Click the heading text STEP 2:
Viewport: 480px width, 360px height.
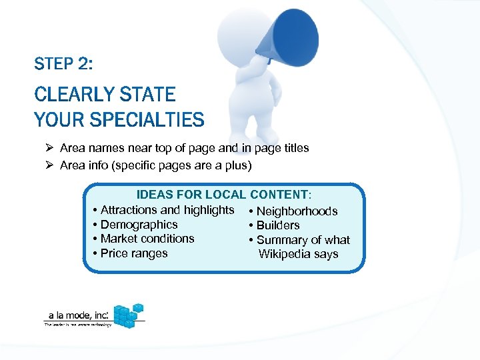(63, 65)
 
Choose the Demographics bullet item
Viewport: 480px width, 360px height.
(139, 225)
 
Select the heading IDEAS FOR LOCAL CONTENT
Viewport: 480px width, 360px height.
(223, 195)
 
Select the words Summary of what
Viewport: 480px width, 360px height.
(303, 240)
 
